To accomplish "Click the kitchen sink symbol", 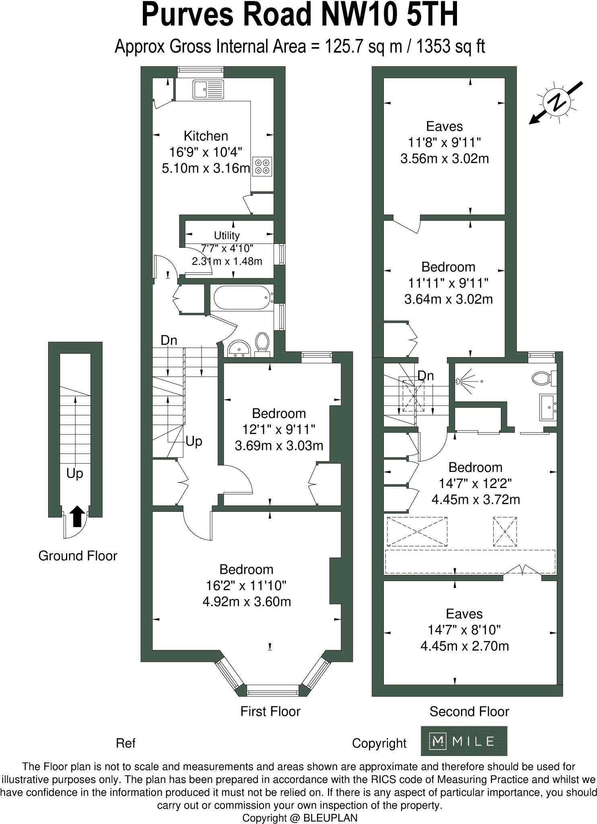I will point(208,89).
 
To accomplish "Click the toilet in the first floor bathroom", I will point(262,343).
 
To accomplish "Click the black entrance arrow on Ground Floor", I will point(77,516).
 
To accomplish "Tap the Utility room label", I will point(226,235).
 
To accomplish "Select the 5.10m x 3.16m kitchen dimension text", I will point(206,168).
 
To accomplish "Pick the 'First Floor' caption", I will point(270,712).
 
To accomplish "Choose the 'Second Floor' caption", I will point(469,712).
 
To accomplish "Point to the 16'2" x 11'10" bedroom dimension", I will point(247,585).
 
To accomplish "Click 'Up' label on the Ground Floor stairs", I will point(75,474).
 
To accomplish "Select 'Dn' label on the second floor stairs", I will point(426,376).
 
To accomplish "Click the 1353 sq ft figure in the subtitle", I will point(450,47).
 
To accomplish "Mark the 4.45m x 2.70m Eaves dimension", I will point(464,646).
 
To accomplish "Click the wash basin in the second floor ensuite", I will point(548,407).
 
